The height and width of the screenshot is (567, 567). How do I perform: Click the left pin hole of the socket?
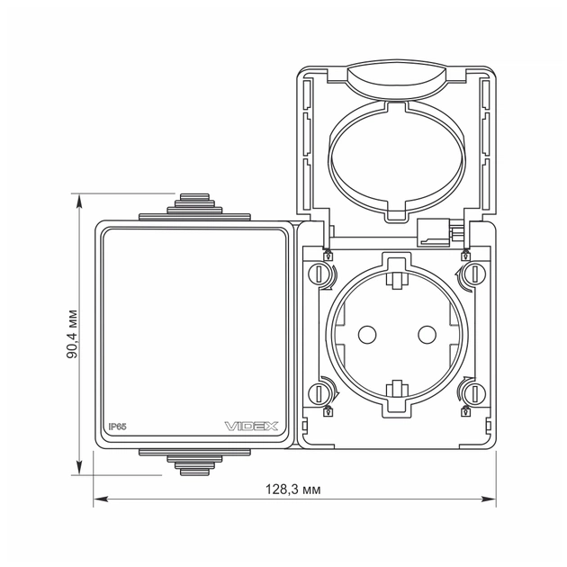coord(366,334)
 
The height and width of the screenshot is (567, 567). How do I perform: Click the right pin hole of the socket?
coord(425,334)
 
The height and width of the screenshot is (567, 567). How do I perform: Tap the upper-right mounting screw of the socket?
coord(470,274)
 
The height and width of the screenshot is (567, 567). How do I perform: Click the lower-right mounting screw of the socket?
coord(470,393)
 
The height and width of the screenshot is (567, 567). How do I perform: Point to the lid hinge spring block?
coord(436,233)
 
